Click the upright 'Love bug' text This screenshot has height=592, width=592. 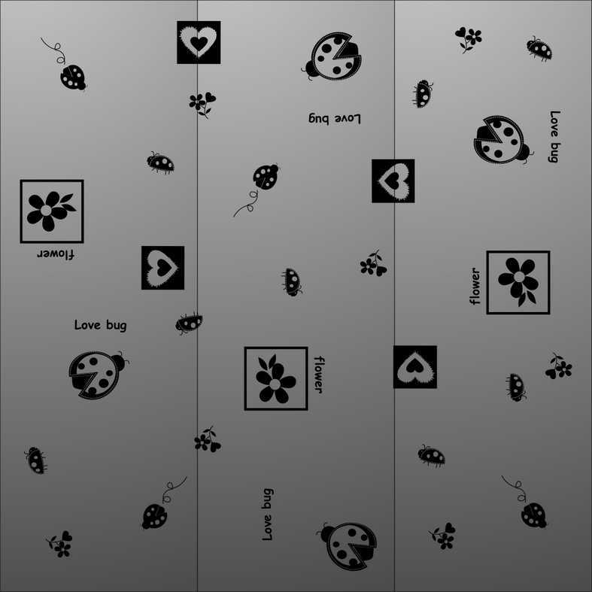[x=101, y=325]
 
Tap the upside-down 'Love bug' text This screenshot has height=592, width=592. [x=335, y=119]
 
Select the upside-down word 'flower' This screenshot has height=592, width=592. [x=56, y=254]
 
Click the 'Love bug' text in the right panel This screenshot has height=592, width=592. [x=554, y=136]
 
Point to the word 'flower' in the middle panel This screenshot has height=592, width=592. [x=319, y=375]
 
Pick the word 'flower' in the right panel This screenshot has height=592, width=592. [x=475, y=286]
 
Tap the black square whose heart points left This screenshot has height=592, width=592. [x=393, y=181]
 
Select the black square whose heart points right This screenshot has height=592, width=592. [x=162, y=268]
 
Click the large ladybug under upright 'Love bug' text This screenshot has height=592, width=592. [x=98, y=375]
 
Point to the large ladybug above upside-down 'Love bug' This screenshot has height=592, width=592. [x=332, y=56]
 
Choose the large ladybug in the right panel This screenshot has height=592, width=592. [x=503, y=140]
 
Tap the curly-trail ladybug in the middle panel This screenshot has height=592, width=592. [x=266, y=176]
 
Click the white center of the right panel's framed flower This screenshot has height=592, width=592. [x=519, y=277]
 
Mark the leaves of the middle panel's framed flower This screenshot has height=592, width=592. [x=268, y=363]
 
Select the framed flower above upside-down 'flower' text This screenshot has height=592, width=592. [x=52, y=211]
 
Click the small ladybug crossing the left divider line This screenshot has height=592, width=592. [x=189, y=323]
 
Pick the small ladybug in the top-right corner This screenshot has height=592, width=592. [x=539, y=49]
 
